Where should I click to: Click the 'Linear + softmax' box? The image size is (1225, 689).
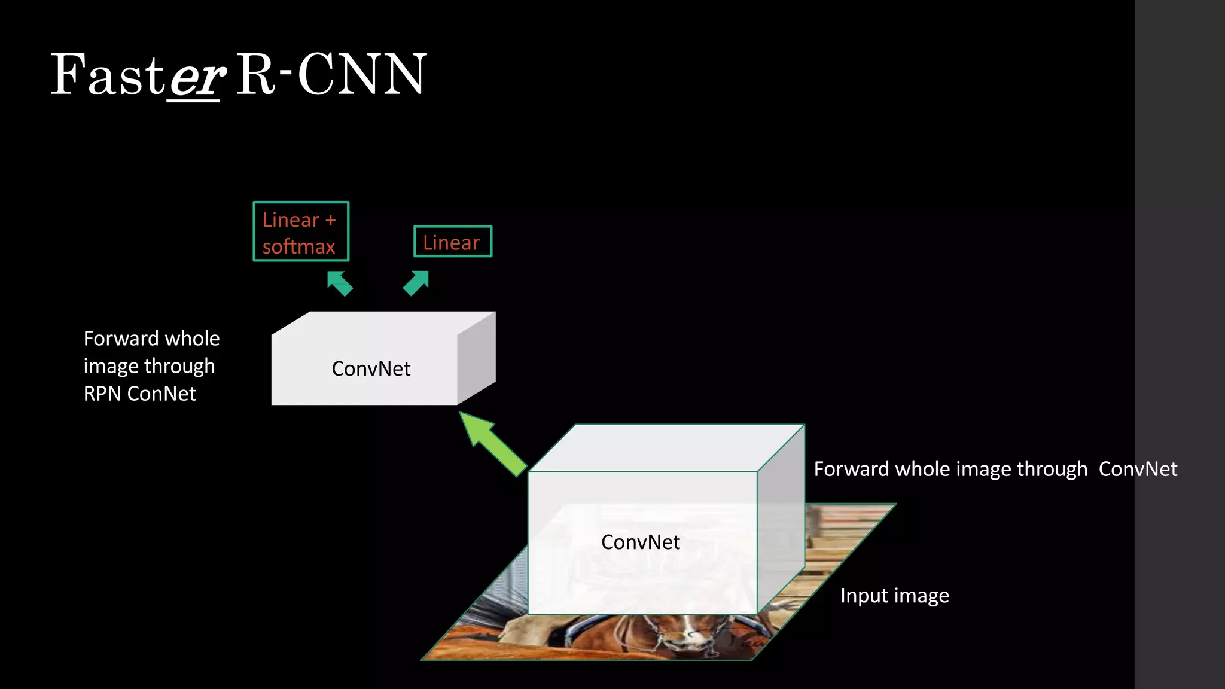[301, 231]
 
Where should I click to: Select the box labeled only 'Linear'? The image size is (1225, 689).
[453, 242]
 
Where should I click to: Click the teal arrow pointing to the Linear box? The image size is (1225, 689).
[416, 283]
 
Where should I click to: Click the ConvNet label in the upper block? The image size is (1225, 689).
[371, 369]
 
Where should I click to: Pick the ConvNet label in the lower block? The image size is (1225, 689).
[641, 542]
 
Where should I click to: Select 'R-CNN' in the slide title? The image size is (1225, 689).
[331, 75]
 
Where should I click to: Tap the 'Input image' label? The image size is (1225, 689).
[894, 596]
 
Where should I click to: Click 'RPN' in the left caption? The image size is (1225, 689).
[102, 394]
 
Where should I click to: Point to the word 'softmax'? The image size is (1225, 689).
[298, 247]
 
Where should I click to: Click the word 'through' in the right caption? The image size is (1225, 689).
[1052, 470]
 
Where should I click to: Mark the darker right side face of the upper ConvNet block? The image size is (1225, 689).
[477, 358]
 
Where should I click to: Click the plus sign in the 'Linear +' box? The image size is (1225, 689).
[330, 221]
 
